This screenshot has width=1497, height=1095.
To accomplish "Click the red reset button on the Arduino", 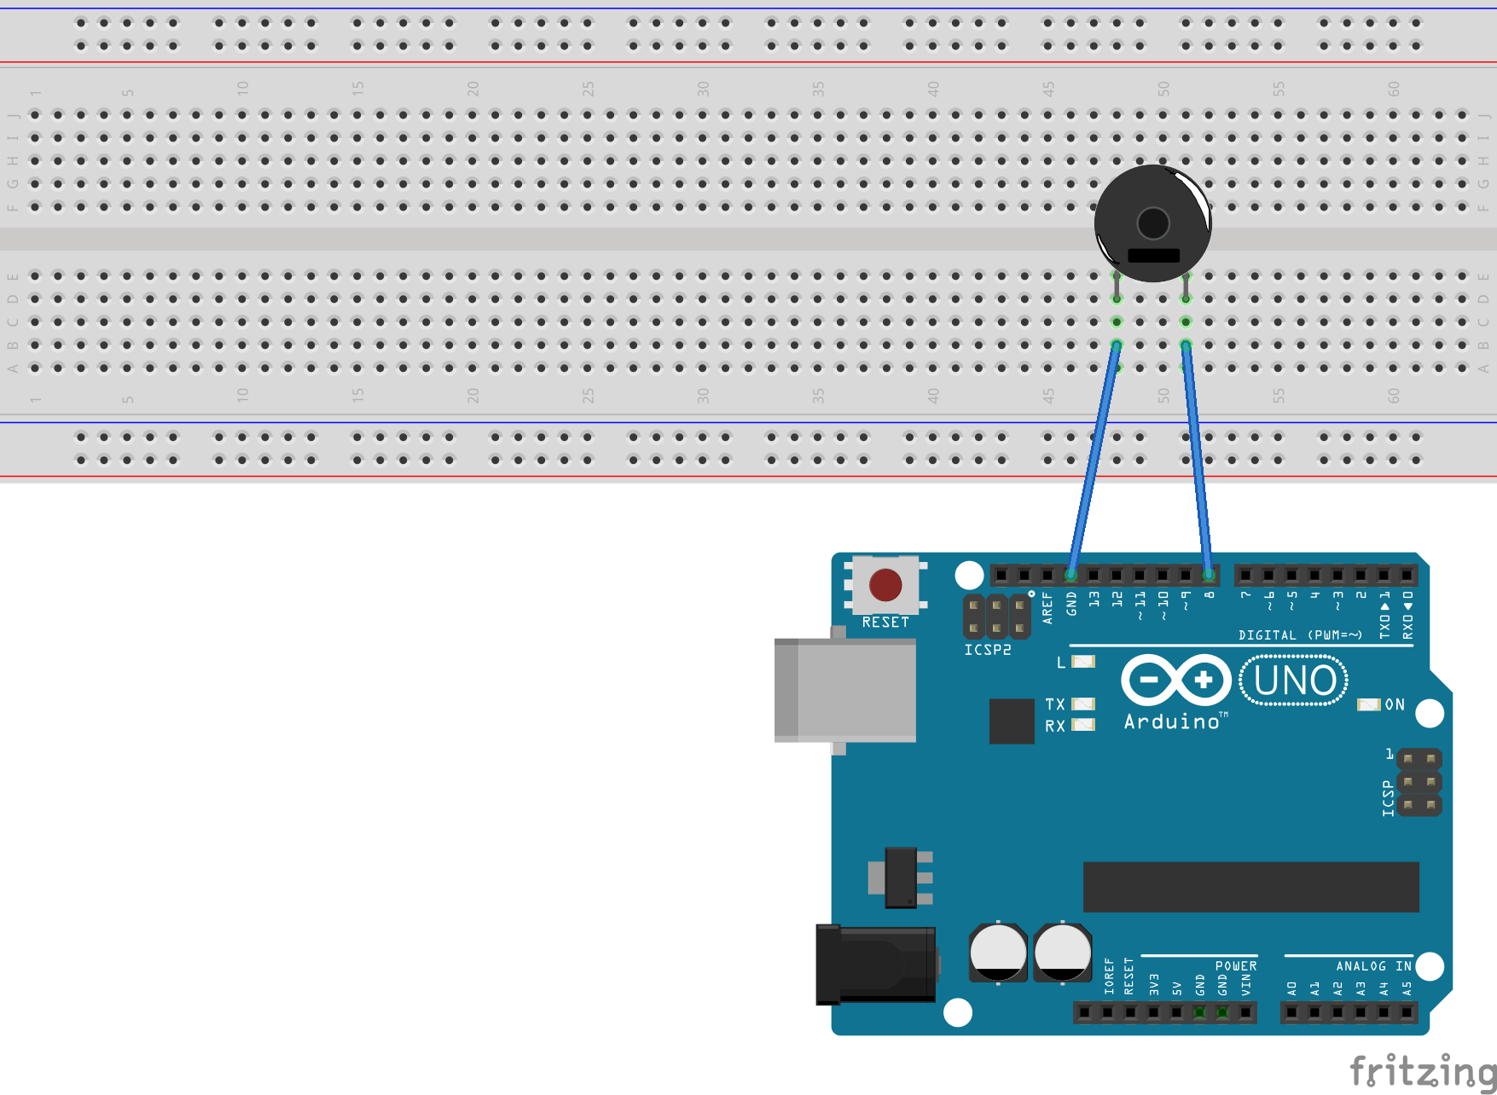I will click(885, 585).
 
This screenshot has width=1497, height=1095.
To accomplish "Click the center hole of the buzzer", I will click(1153, 223).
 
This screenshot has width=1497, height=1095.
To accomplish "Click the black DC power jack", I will click(875, 965).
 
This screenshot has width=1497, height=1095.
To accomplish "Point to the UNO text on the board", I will click(1294, 681).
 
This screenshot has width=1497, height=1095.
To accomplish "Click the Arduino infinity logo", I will click(1176, 680).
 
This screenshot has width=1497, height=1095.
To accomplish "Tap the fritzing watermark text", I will click(1422, 1071).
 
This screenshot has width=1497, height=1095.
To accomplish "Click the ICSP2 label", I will click(988, 650).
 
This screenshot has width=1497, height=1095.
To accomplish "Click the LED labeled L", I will click(1083, 662).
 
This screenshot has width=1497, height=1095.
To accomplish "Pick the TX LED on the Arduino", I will click(1083, 704).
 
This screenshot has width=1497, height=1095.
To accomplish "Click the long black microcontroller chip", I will click(1250, 887).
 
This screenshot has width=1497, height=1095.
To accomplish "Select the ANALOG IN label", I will click(1372, 966).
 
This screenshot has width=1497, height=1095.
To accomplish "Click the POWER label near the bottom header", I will click(1235, 966).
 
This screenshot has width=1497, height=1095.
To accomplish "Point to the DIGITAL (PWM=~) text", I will click(1300, 635).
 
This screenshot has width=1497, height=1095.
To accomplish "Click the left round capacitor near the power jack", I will click(997, 952).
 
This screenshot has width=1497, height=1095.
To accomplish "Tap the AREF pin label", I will click(1047, 608).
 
